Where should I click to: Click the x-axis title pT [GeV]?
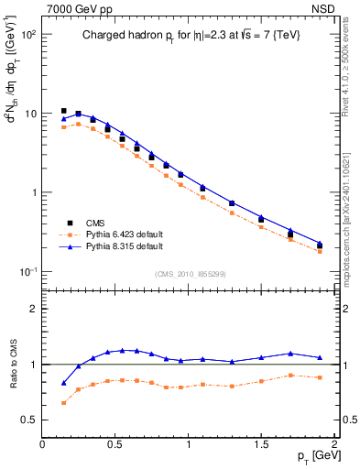[314, 454]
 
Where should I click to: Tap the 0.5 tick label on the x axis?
[115, 442]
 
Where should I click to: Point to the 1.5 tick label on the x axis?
[261, 442]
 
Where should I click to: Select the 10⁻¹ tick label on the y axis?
[27, 272]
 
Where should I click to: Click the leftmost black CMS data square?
[63, 111]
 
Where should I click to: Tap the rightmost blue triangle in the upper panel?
[320, 245]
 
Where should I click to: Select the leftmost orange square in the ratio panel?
[63, 402]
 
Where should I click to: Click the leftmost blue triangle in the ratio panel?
[63, 383]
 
